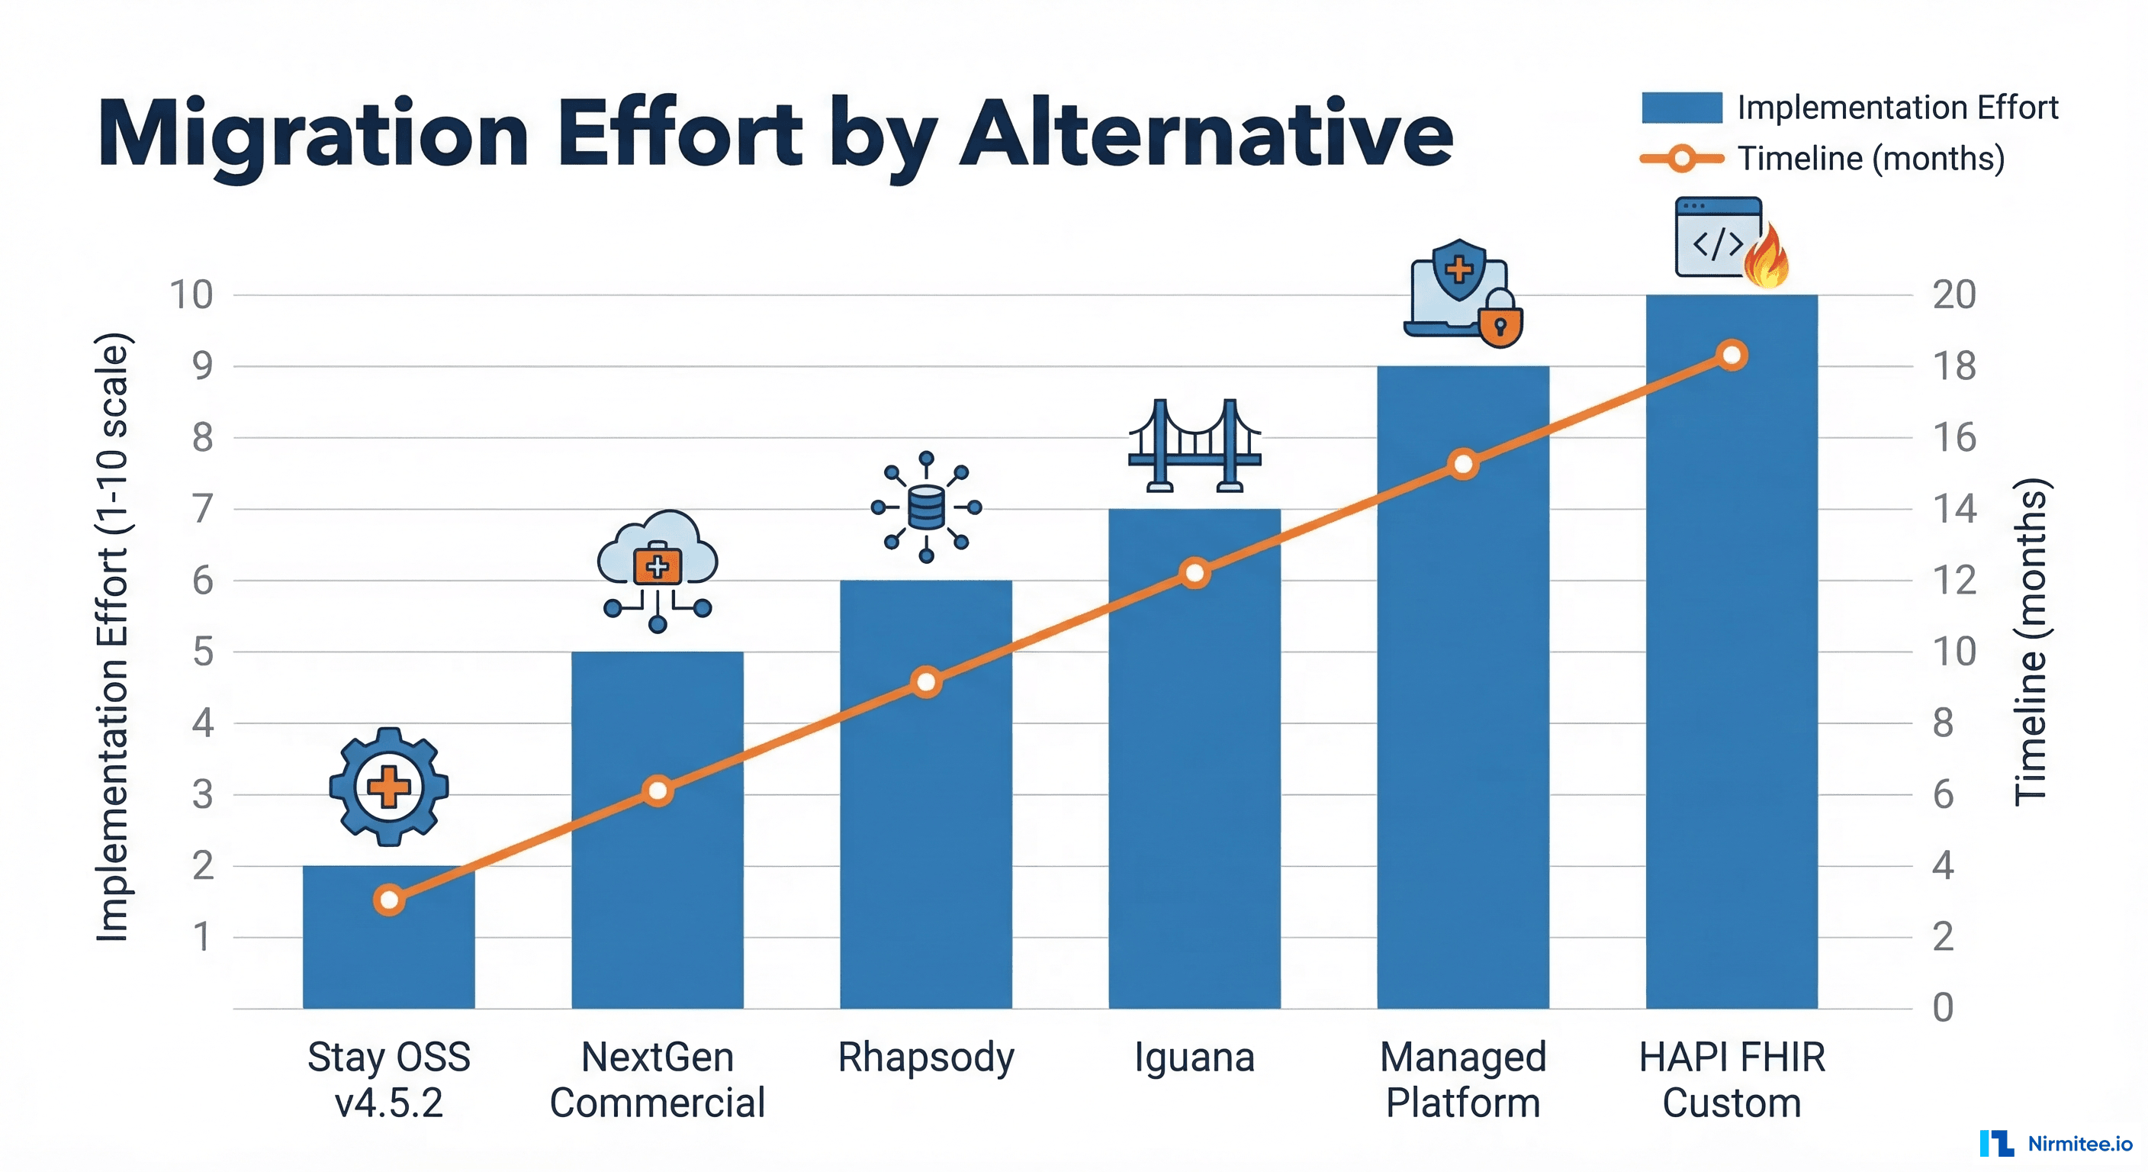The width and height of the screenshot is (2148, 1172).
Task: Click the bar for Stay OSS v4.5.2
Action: tap(388, 959)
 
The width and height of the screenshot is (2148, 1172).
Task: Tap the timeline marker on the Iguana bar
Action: tap(1194, 573)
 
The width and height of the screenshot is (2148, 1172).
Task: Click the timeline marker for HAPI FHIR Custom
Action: tap(1732, 356)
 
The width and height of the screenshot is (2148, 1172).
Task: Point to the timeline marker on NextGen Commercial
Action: tap(657, 790)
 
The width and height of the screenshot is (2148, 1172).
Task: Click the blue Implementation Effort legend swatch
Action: tap(1681, 108)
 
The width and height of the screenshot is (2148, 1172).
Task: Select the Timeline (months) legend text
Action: tap(1870, 159)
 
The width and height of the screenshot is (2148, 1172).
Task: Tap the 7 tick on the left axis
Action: tap(203, 509)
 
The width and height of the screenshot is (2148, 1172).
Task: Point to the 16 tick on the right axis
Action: tap(1953, 438)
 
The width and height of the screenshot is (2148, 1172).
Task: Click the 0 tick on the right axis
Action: tap(1943, 1008)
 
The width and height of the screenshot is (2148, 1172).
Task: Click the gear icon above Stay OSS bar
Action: tap(388, 787)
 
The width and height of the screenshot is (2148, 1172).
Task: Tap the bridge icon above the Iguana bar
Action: tap(1194, 446)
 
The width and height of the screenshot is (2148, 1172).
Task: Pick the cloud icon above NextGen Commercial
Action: tap(657, 551)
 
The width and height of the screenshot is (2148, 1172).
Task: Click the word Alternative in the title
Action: tap(1207, 134)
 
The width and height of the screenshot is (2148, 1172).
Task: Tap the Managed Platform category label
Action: tap(1462, 1080)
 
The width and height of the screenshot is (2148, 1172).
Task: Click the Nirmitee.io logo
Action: tap(2056, 1144)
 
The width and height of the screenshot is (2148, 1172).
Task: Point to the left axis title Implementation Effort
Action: tap(113, 638)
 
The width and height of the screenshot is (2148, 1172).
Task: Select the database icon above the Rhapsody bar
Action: tap(925, 507)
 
